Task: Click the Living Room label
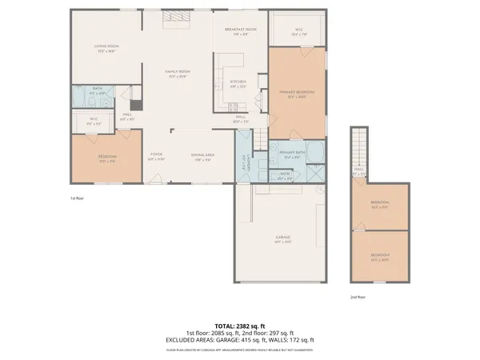tap(106, 47)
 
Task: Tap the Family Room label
tap(176, 73)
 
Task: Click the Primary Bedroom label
tap(297, 94)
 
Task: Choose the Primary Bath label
tap(289, 155)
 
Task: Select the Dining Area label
tap(202, 157)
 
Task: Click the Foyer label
tap(156, 157)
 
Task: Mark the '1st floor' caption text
tap(78, 196)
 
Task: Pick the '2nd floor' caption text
tap(358, 297)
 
